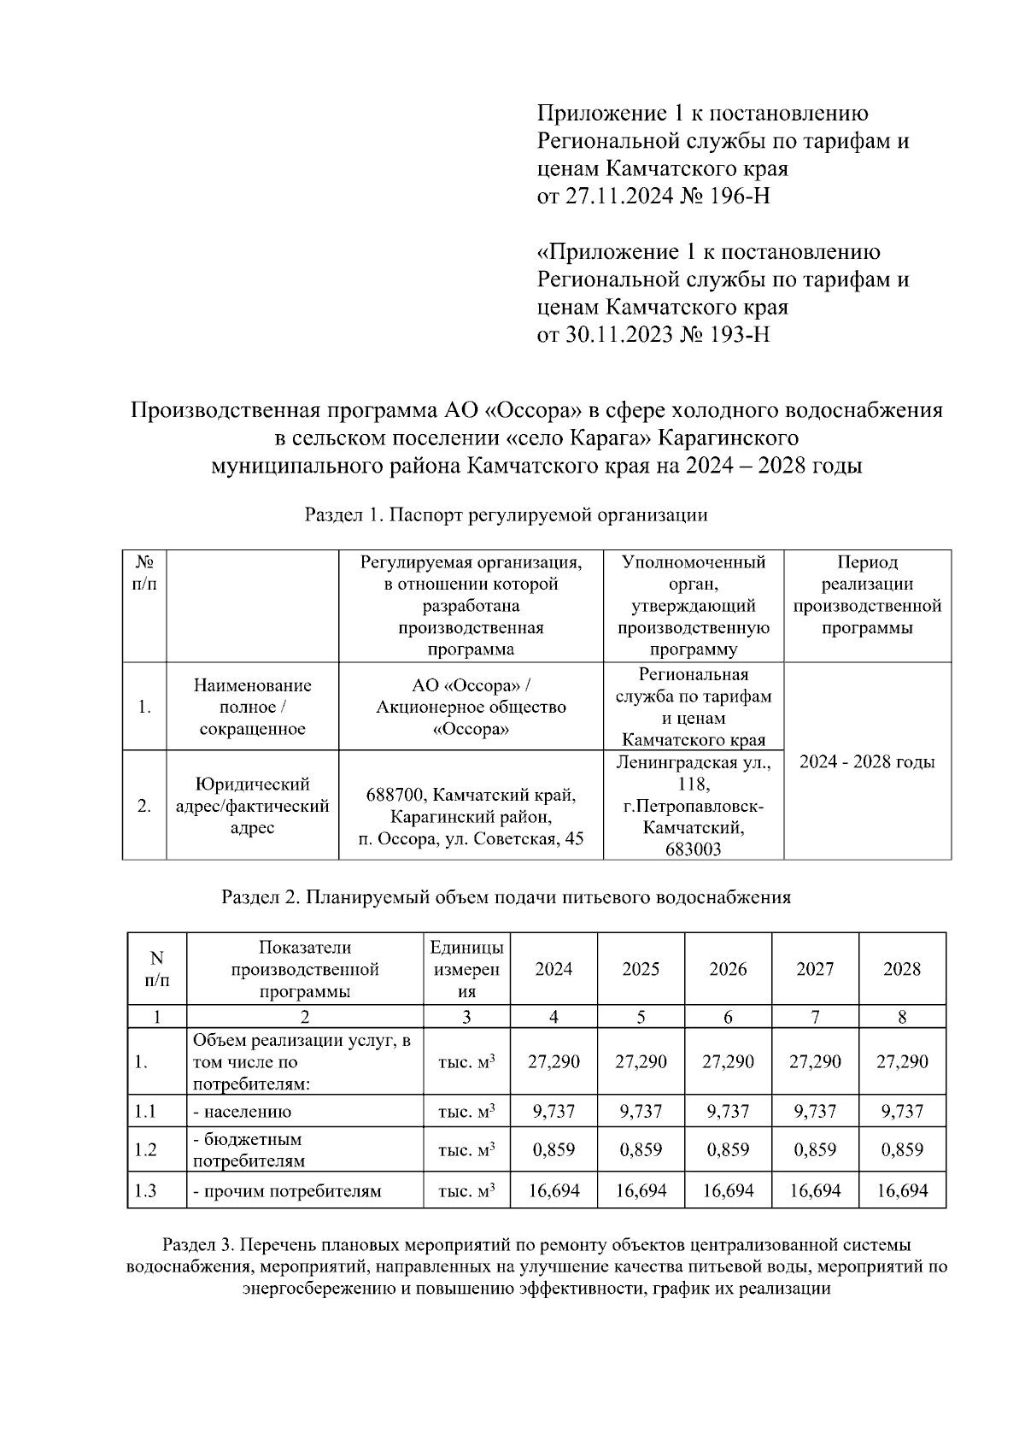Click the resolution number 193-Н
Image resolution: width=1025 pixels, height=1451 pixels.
(x=736, y=334)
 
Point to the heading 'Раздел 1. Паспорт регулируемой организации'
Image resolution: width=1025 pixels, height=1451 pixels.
(x=506, y=515)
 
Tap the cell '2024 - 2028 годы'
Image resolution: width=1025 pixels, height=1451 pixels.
(x=866, y=761)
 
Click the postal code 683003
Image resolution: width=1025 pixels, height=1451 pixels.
(x=693, y=849)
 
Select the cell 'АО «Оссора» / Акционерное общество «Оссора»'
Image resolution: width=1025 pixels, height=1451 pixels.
(x=471, y=708)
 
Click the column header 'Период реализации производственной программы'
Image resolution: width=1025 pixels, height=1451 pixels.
(x=866, y=596)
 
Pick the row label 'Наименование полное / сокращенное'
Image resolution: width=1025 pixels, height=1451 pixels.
(x=252, y=708)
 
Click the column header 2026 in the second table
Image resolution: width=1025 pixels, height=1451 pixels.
(x=728, y=969)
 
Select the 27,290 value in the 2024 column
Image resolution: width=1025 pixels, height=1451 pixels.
(x=553, y=1062)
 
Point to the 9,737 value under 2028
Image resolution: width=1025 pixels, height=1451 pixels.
(x=902, y=1112)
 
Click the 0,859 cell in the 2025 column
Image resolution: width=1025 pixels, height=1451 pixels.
(x=641, y=1150)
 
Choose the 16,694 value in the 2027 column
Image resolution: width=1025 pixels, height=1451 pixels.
(x=815, y=1190)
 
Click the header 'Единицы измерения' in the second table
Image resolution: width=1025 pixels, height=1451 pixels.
(x=466, y=969)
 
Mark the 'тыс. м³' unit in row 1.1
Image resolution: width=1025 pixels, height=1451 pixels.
(x=466, y=1112)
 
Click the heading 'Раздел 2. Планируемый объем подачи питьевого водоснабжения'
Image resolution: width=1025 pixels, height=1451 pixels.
(x=506, y=897)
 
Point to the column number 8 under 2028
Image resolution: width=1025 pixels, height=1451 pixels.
(x=902, y=1017)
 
